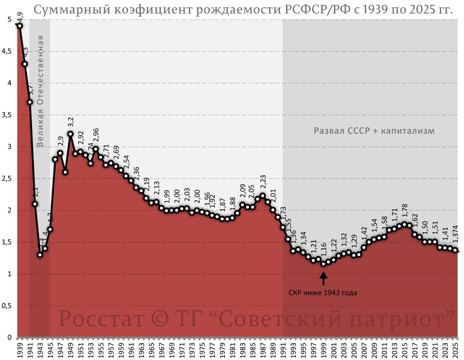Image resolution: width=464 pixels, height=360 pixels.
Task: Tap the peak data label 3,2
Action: tap(71, 122)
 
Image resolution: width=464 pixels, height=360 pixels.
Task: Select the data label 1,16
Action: tap(324, 250)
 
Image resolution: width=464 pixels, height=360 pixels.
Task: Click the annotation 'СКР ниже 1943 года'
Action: tap(323, 292)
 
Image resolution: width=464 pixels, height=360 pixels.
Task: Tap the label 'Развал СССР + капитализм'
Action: tap(374, 131)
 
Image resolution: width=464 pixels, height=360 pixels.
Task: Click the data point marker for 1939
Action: tap(20, 26)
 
